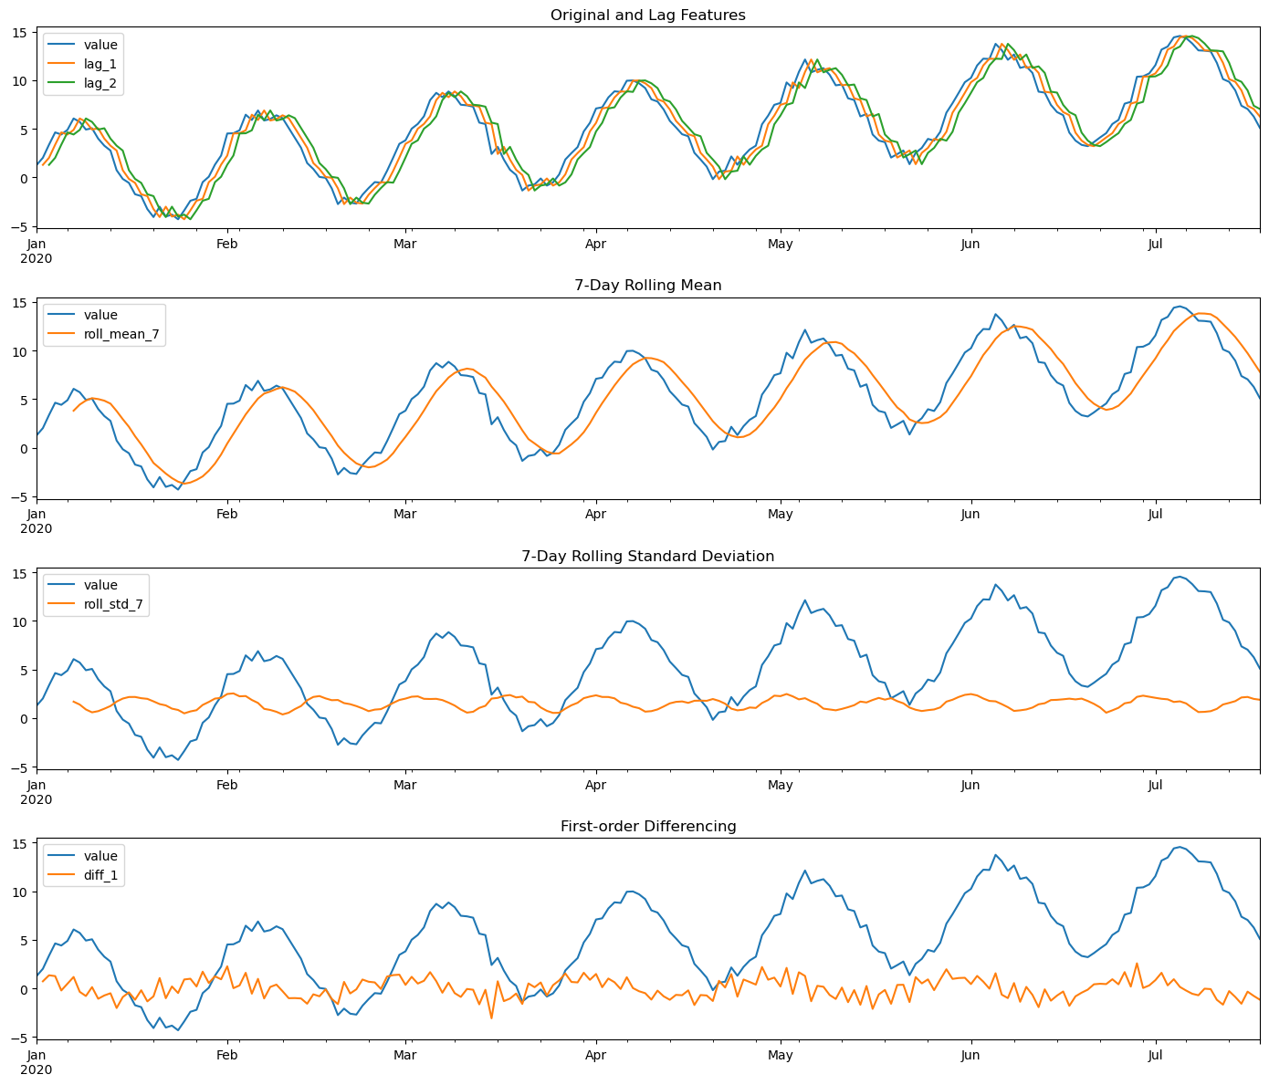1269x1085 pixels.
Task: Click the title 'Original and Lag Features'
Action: pyautogui.click(x=647, y=15)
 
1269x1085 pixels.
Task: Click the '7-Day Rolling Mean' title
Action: pyautogui.click(x=647, y=285)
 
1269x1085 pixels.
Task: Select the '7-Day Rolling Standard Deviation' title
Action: pyautogui.click(x=647, y=556)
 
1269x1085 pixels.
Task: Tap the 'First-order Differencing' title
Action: pyautogui.click(x=647, y=826)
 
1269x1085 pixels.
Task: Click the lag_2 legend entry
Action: pyautogui.click(x=100, y=84)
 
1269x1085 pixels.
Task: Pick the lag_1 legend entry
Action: pyautogui.click(x=100, y=64)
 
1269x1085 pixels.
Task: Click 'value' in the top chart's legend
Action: pyautogui.click(x=100, y=44)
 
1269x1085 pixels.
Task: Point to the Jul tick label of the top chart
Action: pyautogui.click(x=1156, y=244)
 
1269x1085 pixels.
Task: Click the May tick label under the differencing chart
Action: pyautogui.click(x=781, y=1056)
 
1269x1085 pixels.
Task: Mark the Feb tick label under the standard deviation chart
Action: pyautogui.click(x=226, y=785)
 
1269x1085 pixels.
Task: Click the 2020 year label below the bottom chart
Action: pyautogui.click(x=37, y=1069)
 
